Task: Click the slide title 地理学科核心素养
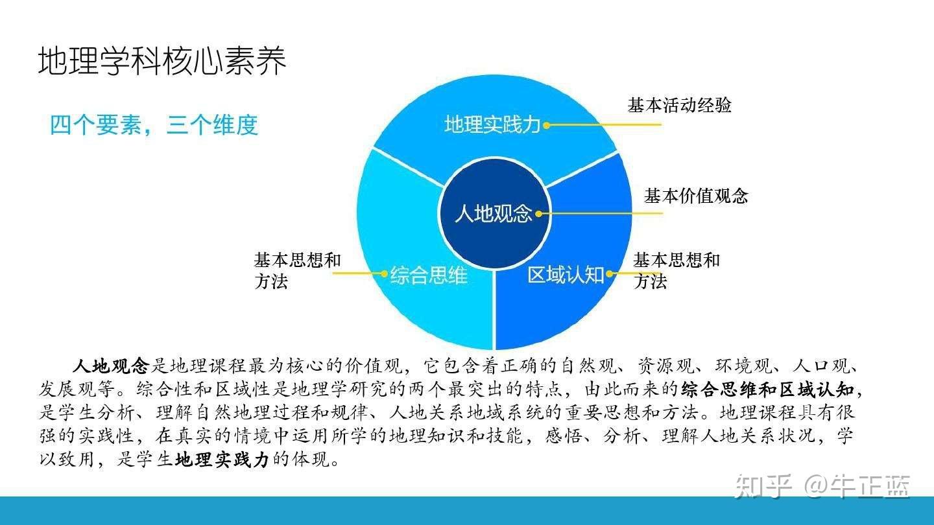pyautogui.click(x=162, y=62)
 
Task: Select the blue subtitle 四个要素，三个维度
pyautogui.click(x=154, y=124)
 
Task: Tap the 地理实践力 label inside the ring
pyautogui.click(x=492, y=124)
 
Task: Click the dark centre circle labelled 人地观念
pyautogui.click(x=494, y=213)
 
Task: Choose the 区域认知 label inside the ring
pyautogui.click(x=565, y=275)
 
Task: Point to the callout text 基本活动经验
pyautogui.click(x=679, y=105)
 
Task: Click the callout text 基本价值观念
pyautogui.click(x=696, y=196)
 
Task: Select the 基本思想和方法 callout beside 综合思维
pyautogui.click(x=297, y=271)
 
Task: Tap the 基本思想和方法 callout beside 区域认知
pyautogui.click(x=677, y=271)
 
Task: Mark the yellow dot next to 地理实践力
pyautogui.click(x=546, y=125)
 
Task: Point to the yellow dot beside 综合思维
pyautogui.click(x=384, y=274)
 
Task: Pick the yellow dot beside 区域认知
pyautogui.click(x=609, y=274)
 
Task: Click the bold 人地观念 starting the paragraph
pyautogui.click(x=111, y=366)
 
